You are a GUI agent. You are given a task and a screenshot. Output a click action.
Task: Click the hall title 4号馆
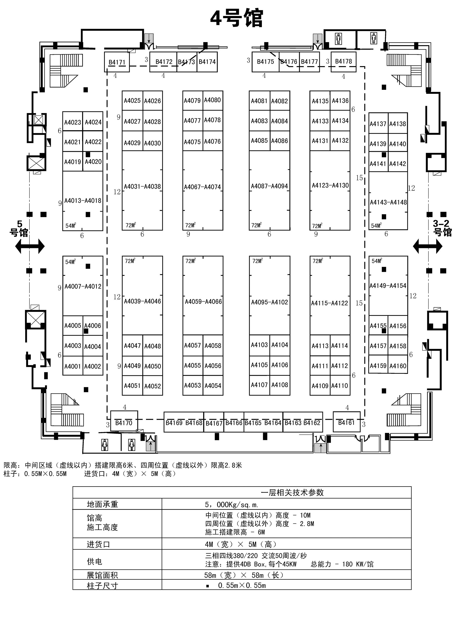pos(237,18)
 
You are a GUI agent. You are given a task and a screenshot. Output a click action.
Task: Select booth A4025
pos(132,100)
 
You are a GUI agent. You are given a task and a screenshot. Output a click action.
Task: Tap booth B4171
pos(117,62)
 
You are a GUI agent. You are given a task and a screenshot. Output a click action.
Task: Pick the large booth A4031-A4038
pos(142,187)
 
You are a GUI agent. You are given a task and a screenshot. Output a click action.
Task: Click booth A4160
pos(398,366)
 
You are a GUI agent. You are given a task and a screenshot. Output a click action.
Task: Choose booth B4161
pos(346,423)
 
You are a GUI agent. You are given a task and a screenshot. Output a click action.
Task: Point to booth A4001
pos(73,366)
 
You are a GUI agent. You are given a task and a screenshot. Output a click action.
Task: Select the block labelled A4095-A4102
pos(269,302)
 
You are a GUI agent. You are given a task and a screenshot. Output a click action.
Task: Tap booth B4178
pos(343,61)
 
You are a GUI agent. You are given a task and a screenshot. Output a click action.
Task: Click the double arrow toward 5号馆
pos(30,246)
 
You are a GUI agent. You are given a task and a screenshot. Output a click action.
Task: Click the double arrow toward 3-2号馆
pos(427,246)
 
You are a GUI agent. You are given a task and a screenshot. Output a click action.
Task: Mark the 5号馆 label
pos(19,229)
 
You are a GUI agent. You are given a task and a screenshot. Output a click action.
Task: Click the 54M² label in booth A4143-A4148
pos(376,226)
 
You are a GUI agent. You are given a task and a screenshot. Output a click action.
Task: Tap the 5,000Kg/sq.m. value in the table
pos(231,505)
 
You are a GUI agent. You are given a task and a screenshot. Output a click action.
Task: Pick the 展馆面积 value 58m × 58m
pos(244,575)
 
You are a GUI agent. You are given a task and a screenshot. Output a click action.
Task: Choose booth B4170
pos(124,423)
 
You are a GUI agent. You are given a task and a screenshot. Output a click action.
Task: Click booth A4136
pos(340,100)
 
